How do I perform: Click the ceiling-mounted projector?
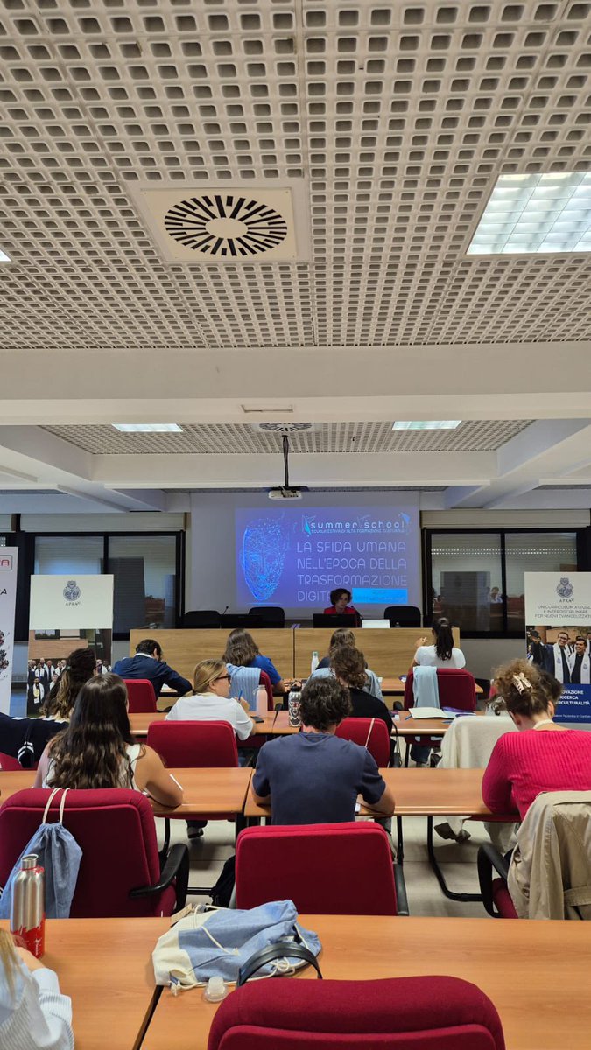pyautogui.click(x=285, y=493)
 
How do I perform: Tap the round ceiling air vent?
pyautogui.click(x=226, y=225)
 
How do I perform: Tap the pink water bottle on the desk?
pyautogui.click(x=261, y=700)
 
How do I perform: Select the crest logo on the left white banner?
pyautogui.click(x=71, y=591)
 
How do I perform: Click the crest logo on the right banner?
pyautogui.click(x=565, y=587)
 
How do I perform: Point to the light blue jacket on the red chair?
pyautogui.click(x=426, y=687)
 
